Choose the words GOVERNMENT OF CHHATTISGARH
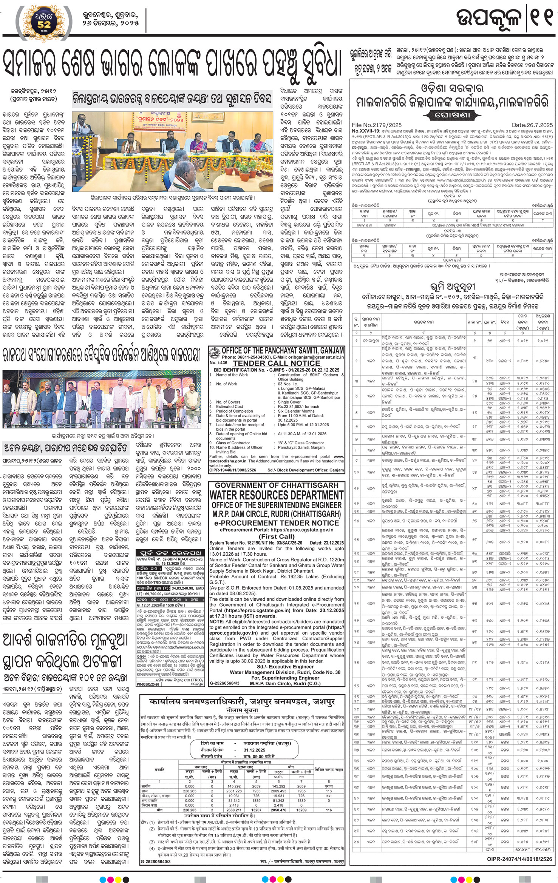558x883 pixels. pos(276,485)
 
